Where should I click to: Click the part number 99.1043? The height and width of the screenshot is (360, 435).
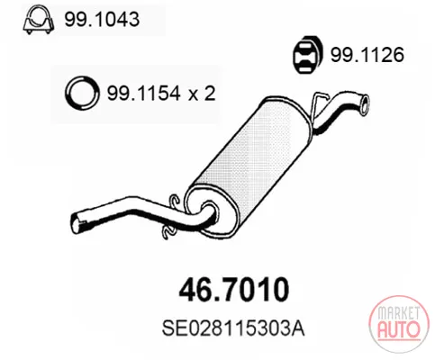(x=102, y=20)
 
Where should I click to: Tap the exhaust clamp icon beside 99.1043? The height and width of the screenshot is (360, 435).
(x=39, y=21)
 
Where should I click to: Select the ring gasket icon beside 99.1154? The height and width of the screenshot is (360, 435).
(x=82, y=93)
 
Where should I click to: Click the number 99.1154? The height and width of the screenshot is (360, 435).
(x=144, y=93)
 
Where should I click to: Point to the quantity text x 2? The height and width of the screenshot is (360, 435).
(x=202, y=93)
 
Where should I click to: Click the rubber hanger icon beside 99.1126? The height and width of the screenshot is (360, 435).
(x=308, y=55)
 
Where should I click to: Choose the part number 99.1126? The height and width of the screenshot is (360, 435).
(x=367, y=55)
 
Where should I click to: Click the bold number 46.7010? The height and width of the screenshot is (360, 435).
(x=234, y=290)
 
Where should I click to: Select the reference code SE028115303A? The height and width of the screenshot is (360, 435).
(x=233, y=328)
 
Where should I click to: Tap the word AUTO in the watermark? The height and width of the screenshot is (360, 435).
(x=399, y=329)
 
